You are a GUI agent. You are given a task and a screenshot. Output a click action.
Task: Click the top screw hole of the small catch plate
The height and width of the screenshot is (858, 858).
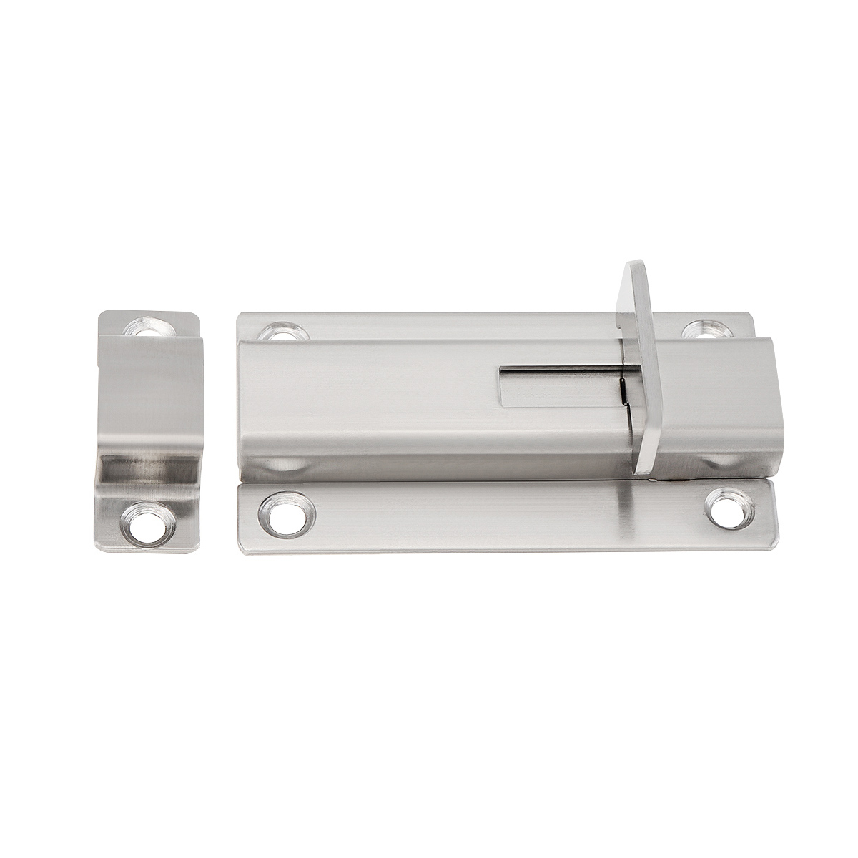pos(151,327)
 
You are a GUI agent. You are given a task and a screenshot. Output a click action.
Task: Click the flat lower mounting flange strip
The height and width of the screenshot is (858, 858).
pos(500,516)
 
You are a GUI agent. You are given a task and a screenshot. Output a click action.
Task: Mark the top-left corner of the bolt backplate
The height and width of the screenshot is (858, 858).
pos(240,315)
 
